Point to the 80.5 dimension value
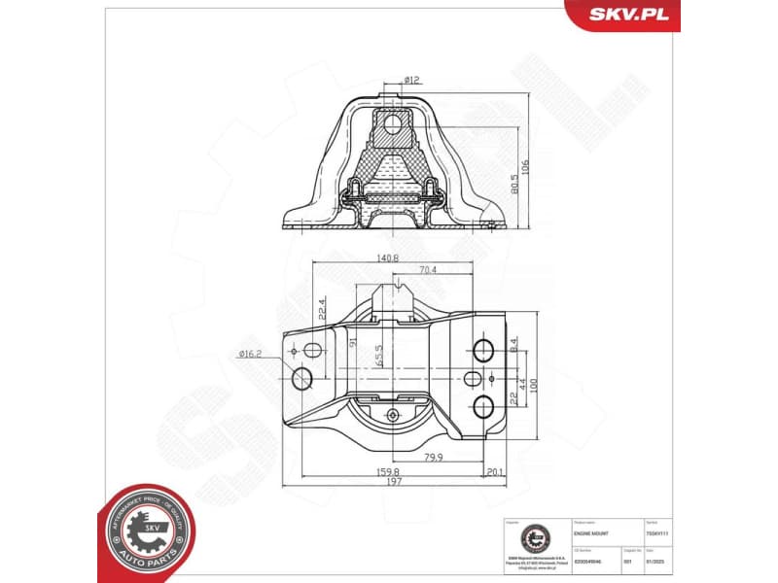tap(513, 182)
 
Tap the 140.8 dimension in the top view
tap(388, 257)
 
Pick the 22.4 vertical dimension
tap(321, 310)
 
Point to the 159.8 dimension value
tap(389, 472)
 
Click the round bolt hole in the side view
tap(392, 124)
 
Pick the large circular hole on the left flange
tap(302, 377)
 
